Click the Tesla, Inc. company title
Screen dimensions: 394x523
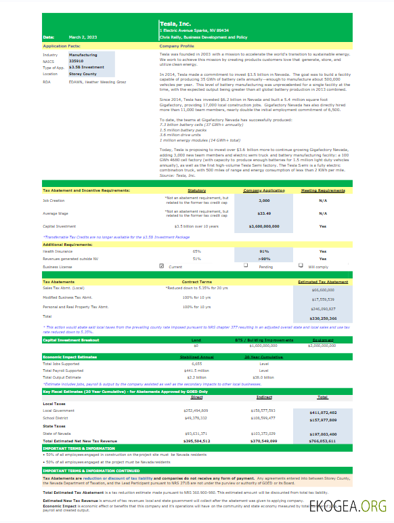click(175, 24)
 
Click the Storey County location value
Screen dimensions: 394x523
click(83, 74)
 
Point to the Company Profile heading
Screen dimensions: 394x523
click(177, 46)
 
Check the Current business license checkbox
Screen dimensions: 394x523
click(161, 266)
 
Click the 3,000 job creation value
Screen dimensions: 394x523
click(264, 201)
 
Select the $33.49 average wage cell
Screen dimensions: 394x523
click(264, 213)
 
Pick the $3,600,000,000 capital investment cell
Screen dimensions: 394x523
click(264, 226)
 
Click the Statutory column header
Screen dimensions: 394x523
click(196, 191)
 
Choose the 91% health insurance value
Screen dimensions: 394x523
click(264, 251)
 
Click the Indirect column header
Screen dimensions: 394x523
click(264, 398)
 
